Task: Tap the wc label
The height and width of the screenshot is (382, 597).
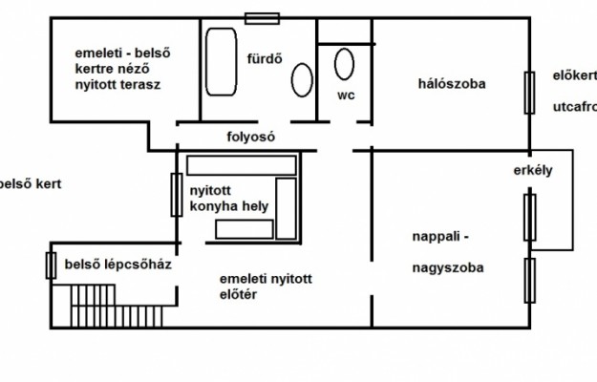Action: coord(345,95)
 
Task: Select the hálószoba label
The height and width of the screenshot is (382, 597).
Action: coord(452,84)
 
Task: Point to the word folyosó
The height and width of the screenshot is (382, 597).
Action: coord(250,137)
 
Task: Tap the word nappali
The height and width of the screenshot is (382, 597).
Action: coord(440,234)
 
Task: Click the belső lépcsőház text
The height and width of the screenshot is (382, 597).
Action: coord(117,265)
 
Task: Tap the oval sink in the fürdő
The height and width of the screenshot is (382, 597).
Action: coord(302,79)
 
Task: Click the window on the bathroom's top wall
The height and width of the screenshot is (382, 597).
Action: coord(263,17)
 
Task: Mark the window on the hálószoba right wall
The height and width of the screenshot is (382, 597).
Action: coord(528,93)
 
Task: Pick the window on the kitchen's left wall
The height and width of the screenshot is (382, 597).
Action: coord(176,195)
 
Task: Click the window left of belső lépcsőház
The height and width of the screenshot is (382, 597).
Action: coord(51,264)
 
